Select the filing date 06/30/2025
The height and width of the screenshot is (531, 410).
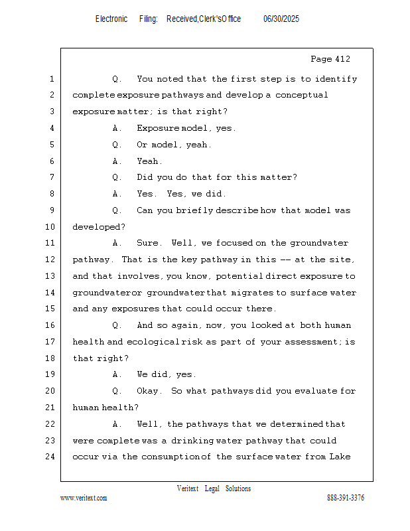tap(281, 19)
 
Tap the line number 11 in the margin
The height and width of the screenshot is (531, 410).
tap(51, 243)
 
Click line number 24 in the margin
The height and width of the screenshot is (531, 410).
tap(51, 457)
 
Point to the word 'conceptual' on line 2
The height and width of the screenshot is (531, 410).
tap(302, 95)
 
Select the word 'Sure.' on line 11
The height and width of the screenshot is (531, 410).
tap(148, 243)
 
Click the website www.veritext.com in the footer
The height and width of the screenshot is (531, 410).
tap(84, 498)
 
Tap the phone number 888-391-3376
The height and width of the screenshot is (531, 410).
tap(346, 498)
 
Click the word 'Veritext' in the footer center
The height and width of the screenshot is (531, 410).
tap(188, 489)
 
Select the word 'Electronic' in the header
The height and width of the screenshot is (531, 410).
tap(111, 19)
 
